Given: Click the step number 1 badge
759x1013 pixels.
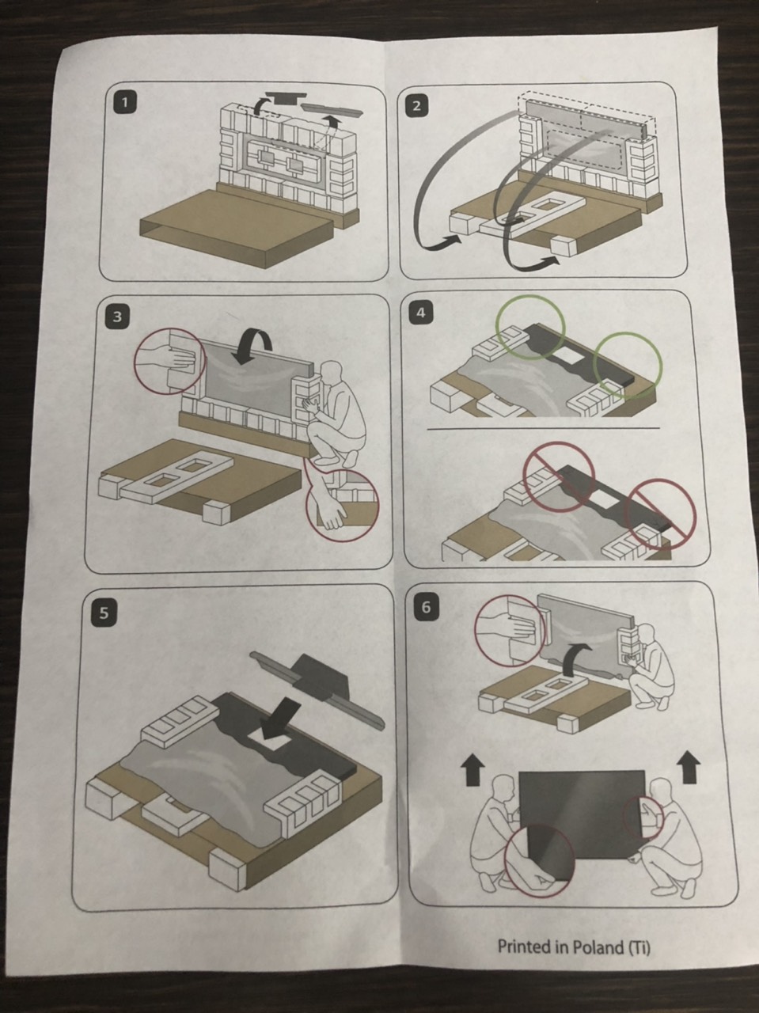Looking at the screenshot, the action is click(x=124, y=102).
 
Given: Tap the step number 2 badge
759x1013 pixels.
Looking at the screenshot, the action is click(x=416, y=106).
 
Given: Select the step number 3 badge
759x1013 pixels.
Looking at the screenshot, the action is click(x=117, y=317).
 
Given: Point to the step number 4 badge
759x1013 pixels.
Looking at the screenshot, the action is click(x=421, y=313).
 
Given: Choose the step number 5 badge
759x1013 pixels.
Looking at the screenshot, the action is click(x=104, y=613).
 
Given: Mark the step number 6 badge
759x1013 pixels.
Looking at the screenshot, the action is click(x=426, y=607).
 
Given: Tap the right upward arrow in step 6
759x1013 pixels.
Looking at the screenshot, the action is click(x=689, y=767).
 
